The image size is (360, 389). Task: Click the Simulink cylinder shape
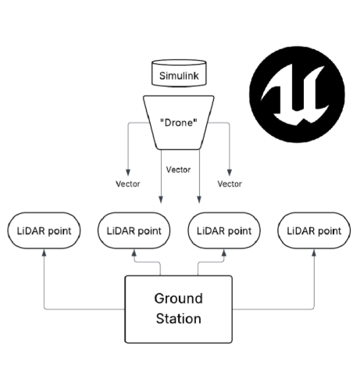pyautogui.click(x=178, y=75)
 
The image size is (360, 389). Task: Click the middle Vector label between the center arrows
pyautogui.click(x=180, y=168)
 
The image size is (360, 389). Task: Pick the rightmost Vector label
pyautogui.click(x=229, y=184)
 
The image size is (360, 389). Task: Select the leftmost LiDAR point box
pyautogui.click(x=45, y=231)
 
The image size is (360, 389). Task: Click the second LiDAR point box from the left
pyautogui.click(x=134, y=231)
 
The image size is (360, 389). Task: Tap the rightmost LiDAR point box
pyautogui.click(x=314, y=231)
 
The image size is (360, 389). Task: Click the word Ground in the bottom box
pyautogui.click(x=178, y=298)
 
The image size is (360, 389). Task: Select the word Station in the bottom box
pyautogui.click(x=178, y=318)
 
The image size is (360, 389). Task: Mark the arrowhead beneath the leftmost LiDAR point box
pyautogui.click(x=45, y=255)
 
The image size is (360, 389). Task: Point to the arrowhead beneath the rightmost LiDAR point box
pyautogui.click(x=315, y=255)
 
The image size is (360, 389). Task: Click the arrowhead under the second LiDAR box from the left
pyautogui.click(x=134, y=255)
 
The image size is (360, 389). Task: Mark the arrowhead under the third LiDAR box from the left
pyautogui.click(x=223, y=255)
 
